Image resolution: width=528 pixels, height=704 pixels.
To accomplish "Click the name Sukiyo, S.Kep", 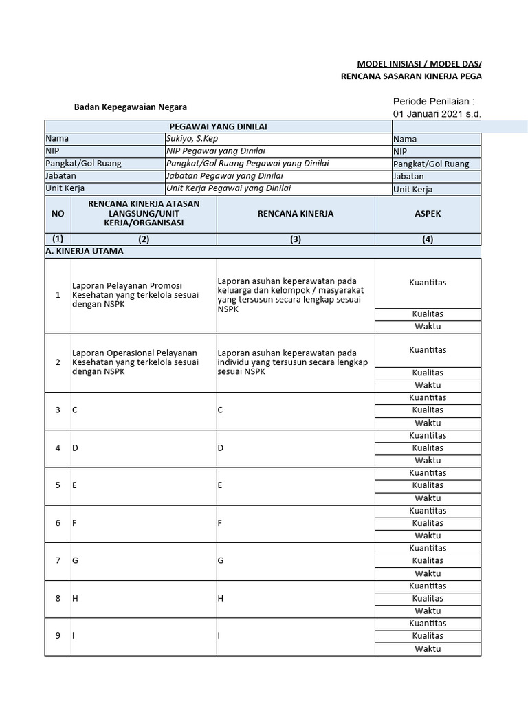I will tap(190, 138).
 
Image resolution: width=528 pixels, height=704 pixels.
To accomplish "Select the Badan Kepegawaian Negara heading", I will tap(130, 107).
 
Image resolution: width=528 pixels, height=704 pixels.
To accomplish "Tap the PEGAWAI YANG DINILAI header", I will tap(219, 126).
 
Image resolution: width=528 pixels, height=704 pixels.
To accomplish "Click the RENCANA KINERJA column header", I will tap(296, 214).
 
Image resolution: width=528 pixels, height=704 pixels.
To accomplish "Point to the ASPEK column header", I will tap(428, 214).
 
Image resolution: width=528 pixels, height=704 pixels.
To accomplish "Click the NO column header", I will tap(58, 214).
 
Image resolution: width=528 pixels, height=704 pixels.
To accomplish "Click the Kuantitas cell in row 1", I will tap(428, 283).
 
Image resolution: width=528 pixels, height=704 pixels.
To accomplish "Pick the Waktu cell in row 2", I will tap(428, 385).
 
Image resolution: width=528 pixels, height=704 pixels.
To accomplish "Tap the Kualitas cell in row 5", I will tap(428, 485).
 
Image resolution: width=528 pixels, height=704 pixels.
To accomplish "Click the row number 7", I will tap(58, 560).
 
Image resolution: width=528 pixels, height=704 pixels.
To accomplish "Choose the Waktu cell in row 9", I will tap(428, 648).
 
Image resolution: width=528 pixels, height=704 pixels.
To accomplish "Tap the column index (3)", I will tap(296, 239).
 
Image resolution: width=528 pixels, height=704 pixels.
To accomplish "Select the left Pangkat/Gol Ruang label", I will tap(83, 164).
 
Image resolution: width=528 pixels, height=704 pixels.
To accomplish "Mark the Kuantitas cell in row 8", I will tap(428, 586).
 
